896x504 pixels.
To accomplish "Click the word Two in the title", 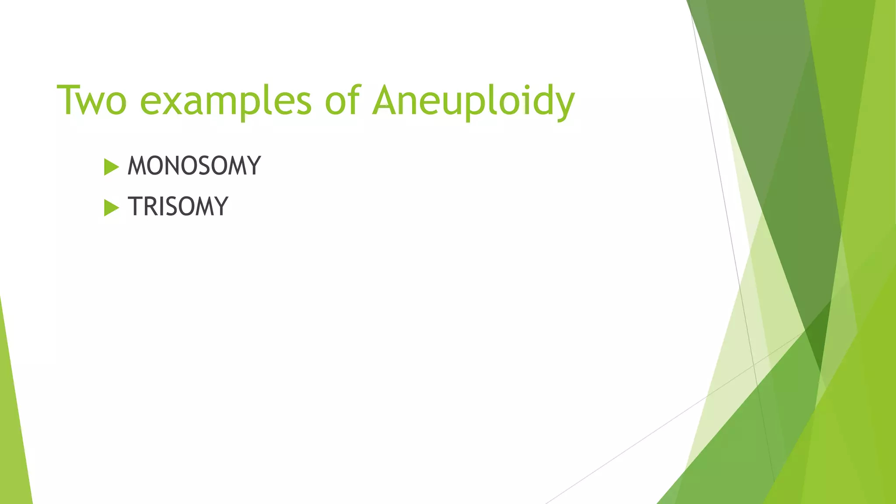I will (92, 101).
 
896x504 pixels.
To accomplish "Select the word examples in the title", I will (226, 101).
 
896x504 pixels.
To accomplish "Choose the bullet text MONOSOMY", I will (194, 166).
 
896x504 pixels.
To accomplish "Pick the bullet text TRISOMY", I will (178, 206).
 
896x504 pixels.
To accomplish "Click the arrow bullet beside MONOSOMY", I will (111, 167).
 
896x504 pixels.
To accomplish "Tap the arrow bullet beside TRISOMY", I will (111, 207).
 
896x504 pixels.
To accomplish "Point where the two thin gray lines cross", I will (753, 364).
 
